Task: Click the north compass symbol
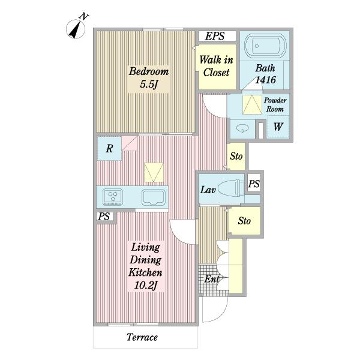click(76, 29)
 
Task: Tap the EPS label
click(215, 36)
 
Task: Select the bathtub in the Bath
click(265, 46)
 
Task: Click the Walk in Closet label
click(216, 66)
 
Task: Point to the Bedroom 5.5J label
click(149, 77)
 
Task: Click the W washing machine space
click(278, 127)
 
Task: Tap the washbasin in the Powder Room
click(242, 128)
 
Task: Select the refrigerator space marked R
click(109, 148)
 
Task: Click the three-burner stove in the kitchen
click(113, 197)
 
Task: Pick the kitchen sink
click(154, 197)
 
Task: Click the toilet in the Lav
click(231, 188)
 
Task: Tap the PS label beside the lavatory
click(254, 184)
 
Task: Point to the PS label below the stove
click(104, 216)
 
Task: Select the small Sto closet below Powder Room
click(236, 157)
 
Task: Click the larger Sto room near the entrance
click(244, 221)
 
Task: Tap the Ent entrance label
click(211, 279)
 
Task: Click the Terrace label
click(142, 337)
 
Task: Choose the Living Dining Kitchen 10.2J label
click(146, 266)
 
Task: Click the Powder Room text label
click(275, 104)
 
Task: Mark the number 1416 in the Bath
click(266, 80)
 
